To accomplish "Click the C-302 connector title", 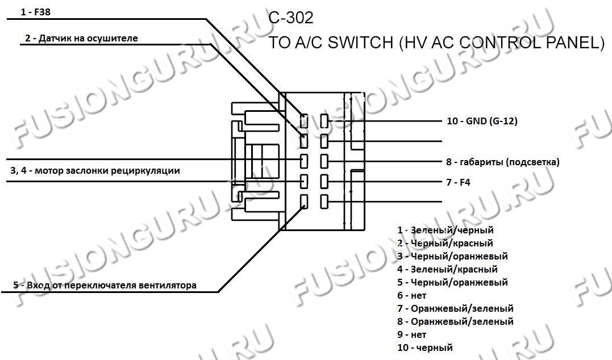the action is click(291, 18).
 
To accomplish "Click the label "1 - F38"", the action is click(36, 12).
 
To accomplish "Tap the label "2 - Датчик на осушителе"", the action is click(81, 38).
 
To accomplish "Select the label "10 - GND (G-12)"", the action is click(482, 121).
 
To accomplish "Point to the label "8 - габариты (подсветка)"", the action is click(503, 162).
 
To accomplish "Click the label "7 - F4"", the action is click(458, 182).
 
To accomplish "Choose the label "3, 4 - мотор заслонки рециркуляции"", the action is click(95, 170).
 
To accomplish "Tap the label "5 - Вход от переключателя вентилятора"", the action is click(105, 285).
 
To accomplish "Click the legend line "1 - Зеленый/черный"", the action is click(446, 230).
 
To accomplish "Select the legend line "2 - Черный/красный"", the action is click(445, 244).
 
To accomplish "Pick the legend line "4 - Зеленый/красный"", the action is click(447, 269).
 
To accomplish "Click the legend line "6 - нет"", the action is click(412, 295).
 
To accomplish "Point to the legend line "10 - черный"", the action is click(425, 347).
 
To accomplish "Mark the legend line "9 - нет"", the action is click(412, 334).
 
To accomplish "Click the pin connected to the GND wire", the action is click(324, 121).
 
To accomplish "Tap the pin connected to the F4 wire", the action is click(324, 181).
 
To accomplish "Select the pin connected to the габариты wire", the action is click(324, 161).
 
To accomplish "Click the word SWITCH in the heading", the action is click(360, 43).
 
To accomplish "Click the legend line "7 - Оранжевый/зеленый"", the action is click(455, 308).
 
